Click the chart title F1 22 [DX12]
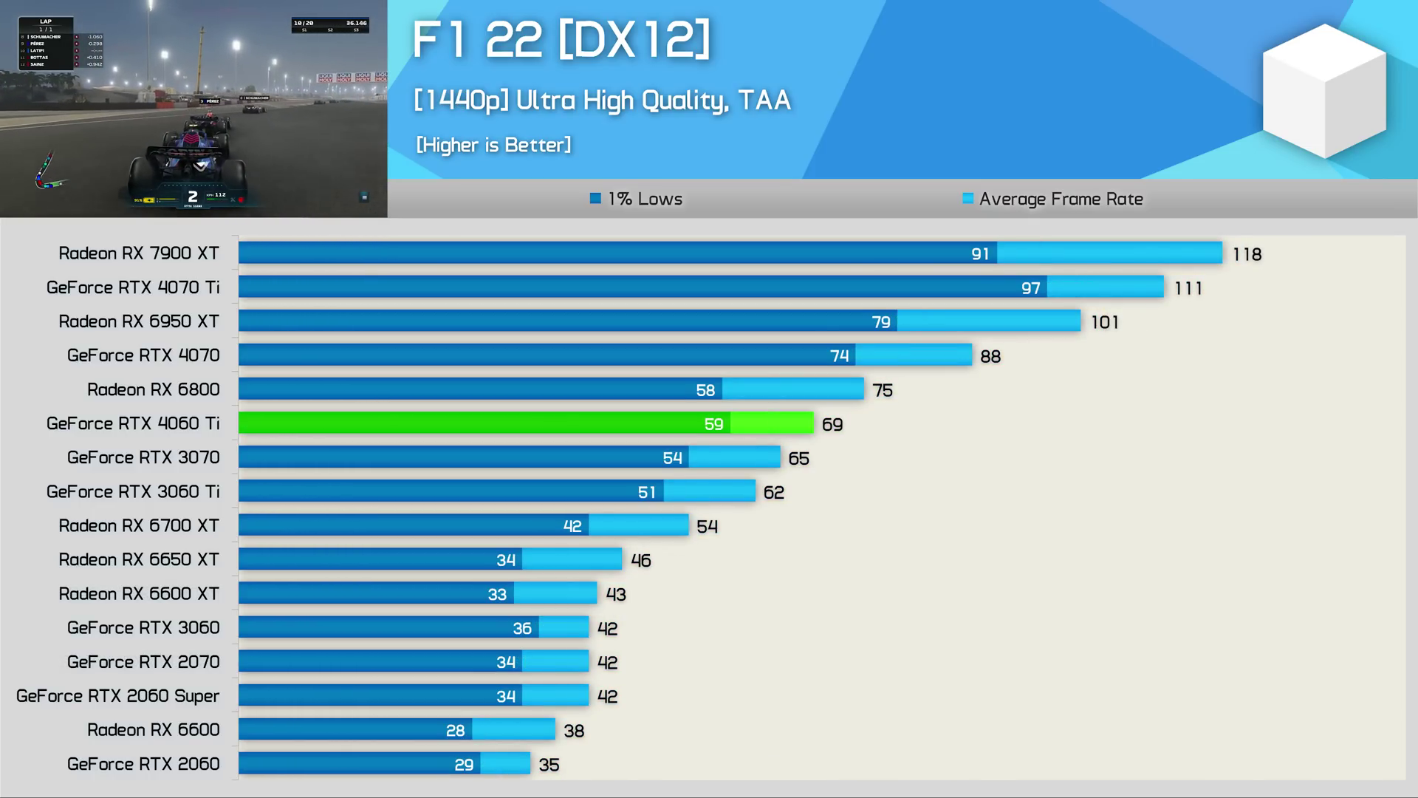[561, 40]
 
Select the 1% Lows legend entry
[636, 199]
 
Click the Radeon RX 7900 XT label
[139, 253]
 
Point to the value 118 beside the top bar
[1247, 255]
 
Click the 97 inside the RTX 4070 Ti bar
[1030, 288]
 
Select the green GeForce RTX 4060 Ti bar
[525, 423]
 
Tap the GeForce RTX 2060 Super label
[118, 696]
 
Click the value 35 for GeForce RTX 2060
[549, 765]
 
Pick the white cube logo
[1323, 90]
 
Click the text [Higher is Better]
[493, 145]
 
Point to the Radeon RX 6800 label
[154, 389]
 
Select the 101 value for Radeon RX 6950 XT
[1104, 323]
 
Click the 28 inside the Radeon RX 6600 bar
[455, 731]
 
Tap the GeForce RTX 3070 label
[143, 457]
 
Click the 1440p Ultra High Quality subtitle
[602, 100]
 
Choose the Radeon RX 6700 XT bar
[463, 525]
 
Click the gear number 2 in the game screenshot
[193, 197]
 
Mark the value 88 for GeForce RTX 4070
[990, 357]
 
